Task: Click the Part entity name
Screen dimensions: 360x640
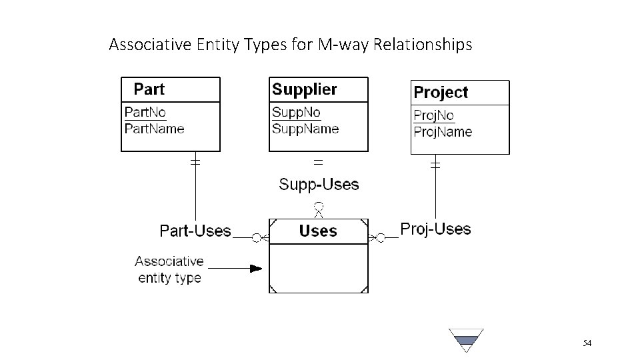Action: tap(149, 89)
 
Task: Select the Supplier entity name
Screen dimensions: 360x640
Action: tap(305, 89)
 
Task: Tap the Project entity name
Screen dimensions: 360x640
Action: tap(441, 93)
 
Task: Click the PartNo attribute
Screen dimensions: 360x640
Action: tap(146, 113)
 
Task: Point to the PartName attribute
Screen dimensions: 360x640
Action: tap(155, 128)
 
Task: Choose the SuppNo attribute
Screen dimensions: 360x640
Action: tap(296, 113)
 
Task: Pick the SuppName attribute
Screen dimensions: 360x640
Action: tap(305, 128)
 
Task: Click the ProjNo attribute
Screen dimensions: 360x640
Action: tap(434, 115)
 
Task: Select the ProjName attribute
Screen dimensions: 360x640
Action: tap(443, 131)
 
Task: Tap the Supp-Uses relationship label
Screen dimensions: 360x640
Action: tap(319, 185)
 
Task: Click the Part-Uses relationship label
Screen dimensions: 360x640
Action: tap(195, 231)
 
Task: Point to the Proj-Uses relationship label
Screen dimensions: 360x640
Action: tap(435, 229)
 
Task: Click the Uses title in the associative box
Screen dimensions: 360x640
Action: tap(318, 231)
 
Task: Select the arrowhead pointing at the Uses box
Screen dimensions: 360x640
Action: tap(256, 269)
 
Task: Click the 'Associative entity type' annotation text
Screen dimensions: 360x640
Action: tap(169, 269)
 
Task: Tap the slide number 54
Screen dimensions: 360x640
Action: tap(587, 343)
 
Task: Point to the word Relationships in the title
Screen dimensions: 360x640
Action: tap(423, 45)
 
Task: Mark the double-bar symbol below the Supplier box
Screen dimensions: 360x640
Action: tap(319, 161)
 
